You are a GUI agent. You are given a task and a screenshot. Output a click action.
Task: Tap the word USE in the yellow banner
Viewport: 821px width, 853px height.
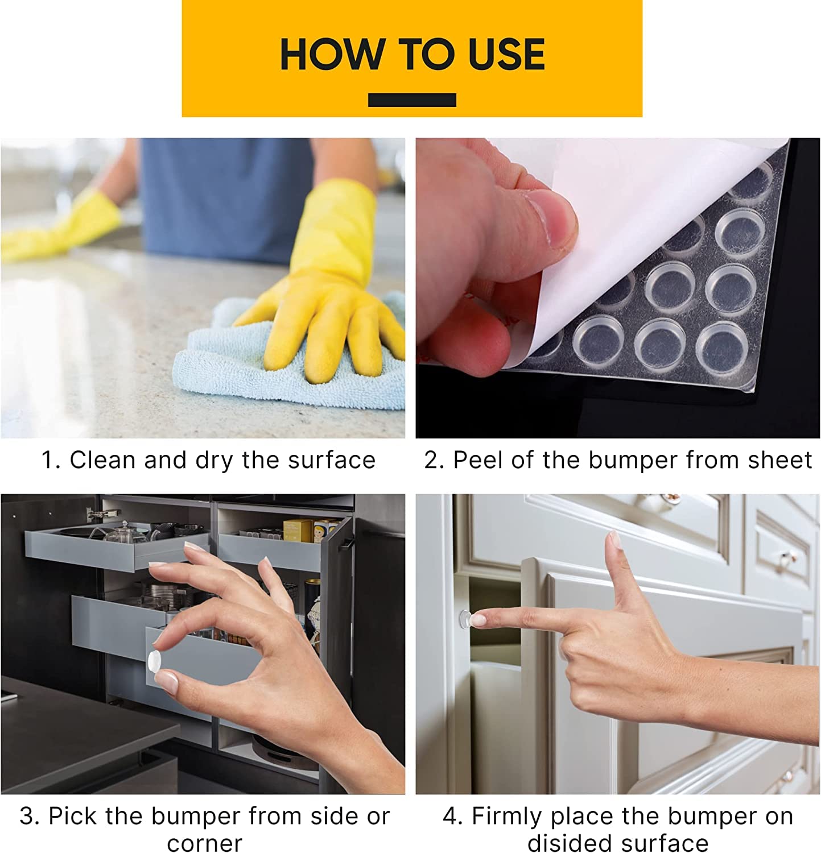click(506, 55)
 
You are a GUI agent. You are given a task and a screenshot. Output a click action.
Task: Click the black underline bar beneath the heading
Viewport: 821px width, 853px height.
click(412, 100)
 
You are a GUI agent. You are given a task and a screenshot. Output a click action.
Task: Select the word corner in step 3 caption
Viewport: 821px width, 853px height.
click(205, 842)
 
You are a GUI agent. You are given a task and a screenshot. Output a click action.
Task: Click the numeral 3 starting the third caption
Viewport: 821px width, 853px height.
click(27, 816)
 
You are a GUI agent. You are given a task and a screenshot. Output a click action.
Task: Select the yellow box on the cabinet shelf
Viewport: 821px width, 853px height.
click(298, 530)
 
